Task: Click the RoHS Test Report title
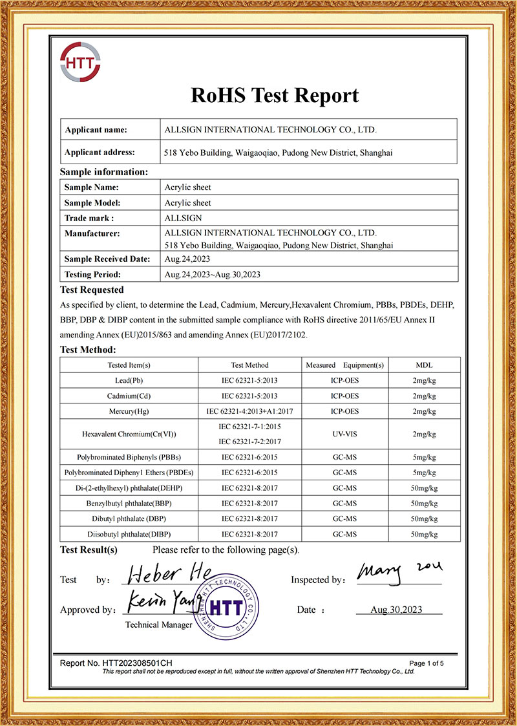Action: [x=275, y=96]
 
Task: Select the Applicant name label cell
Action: [x=96, y=129]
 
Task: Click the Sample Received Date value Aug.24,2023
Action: [x=186, y=259]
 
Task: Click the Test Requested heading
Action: [x=92, y=290]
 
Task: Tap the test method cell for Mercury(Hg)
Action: [x=249, y=411]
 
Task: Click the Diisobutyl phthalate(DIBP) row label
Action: [x=129, y=534]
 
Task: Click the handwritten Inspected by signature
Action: [x=397, y=570]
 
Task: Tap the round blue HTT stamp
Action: [x=227, y=608]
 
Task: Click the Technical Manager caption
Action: [x=158, y=625]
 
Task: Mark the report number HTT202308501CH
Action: [x=116, y=663]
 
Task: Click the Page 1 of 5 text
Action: [x=427, y=663]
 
